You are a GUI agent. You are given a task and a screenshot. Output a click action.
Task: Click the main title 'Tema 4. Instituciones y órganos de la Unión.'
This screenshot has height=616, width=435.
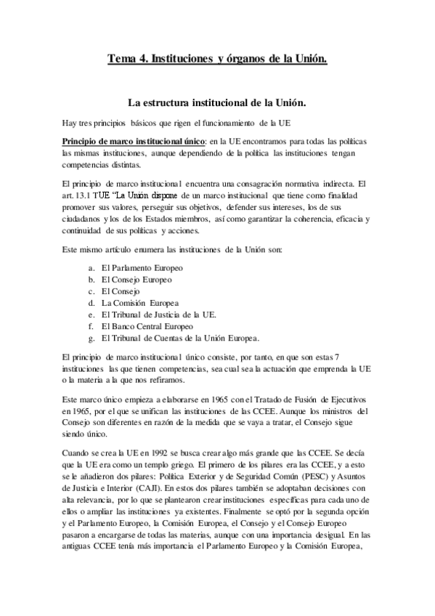coord(217,57)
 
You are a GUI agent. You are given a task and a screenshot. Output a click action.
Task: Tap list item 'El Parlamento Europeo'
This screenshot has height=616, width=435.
coord(142,268)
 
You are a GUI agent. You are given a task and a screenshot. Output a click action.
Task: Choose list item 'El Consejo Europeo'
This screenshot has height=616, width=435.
coord(137,280)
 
